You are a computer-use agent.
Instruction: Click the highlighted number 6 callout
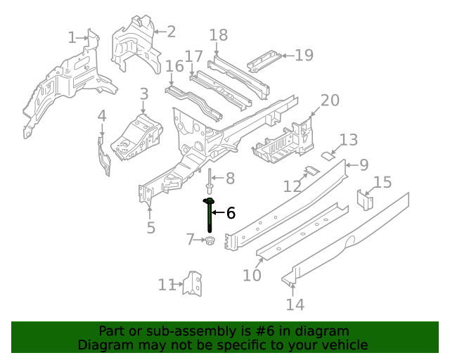(231, 213)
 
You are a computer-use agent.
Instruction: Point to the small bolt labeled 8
(210, 181)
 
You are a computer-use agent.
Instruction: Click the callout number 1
(72, 37)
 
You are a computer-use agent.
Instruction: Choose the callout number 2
(171, 31)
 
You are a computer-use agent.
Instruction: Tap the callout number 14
(295, 304)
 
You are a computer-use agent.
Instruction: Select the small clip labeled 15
(365, 200)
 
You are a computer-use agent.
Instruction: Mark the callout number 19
(304, 55)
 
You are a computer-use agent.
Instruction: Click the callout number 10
(252, 275)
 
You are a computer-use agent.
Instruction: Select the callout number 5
(151, 227)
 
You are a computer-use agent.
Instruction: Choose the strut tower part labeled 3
(136, 134)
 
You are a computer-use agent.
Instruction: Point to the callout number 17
(194, 57)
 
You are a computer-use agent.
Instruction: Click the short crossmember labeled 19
(264, 61)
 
